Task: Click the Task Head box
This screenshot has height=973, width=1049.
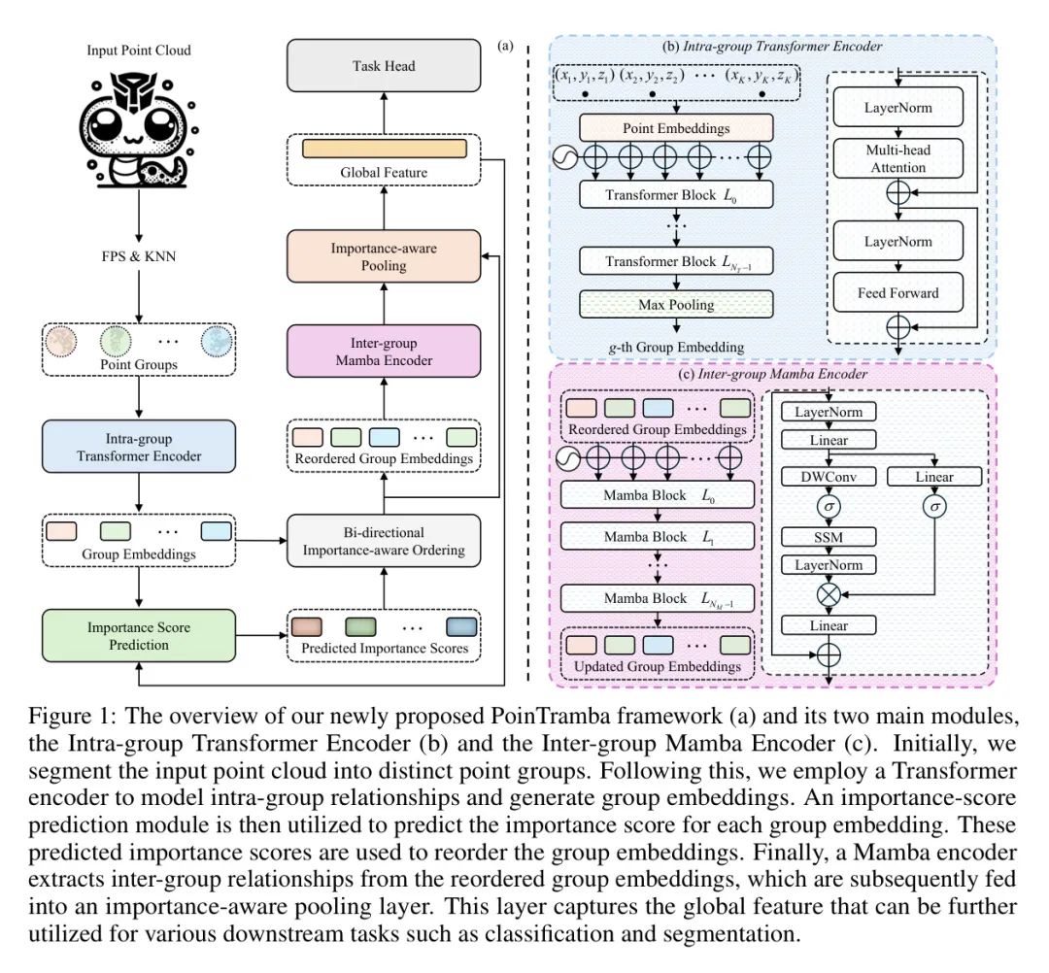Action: (x=383, y=66)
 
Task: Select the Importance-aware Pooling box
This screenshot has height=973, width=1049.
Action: (x=383, y=255)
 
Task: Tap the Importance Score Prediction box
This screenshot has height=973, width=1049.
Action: (x=138, y=635)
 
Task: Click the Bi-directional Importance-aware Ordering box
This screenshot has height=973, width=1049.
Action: (x=383, y=541)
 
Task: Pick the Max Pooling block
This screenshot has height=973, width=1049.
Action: (x=675, y=305)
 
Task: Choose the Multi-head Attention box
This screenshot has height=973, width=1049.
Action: (x=896, y=159)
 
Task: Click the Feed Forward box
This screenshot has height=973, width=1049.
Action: (x=896, y=292)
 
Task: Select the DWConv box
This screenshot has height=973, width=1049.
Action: (x=827, y=477)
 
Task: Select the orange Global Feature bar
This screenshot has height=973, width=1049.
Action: (x=383, y=149)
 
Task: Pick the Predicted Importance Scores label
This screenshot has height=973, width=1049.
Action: (x=383, y=649)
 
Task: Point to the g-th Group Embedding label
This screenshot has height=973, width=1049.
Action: (x=675, y=347)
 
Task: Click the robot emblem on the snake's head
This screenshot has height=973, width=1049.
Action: (x=139, y=86)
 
